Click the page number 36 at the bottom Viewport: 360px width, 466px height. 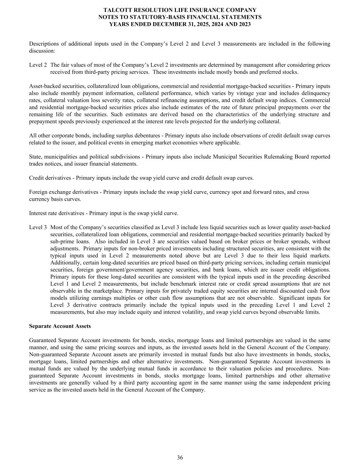180,457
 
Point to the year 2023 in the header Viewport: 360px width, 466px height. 244,24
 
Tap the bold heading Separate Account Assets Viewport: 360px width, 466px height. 60,326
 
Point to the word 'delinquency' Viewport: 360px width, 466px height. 316,93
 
